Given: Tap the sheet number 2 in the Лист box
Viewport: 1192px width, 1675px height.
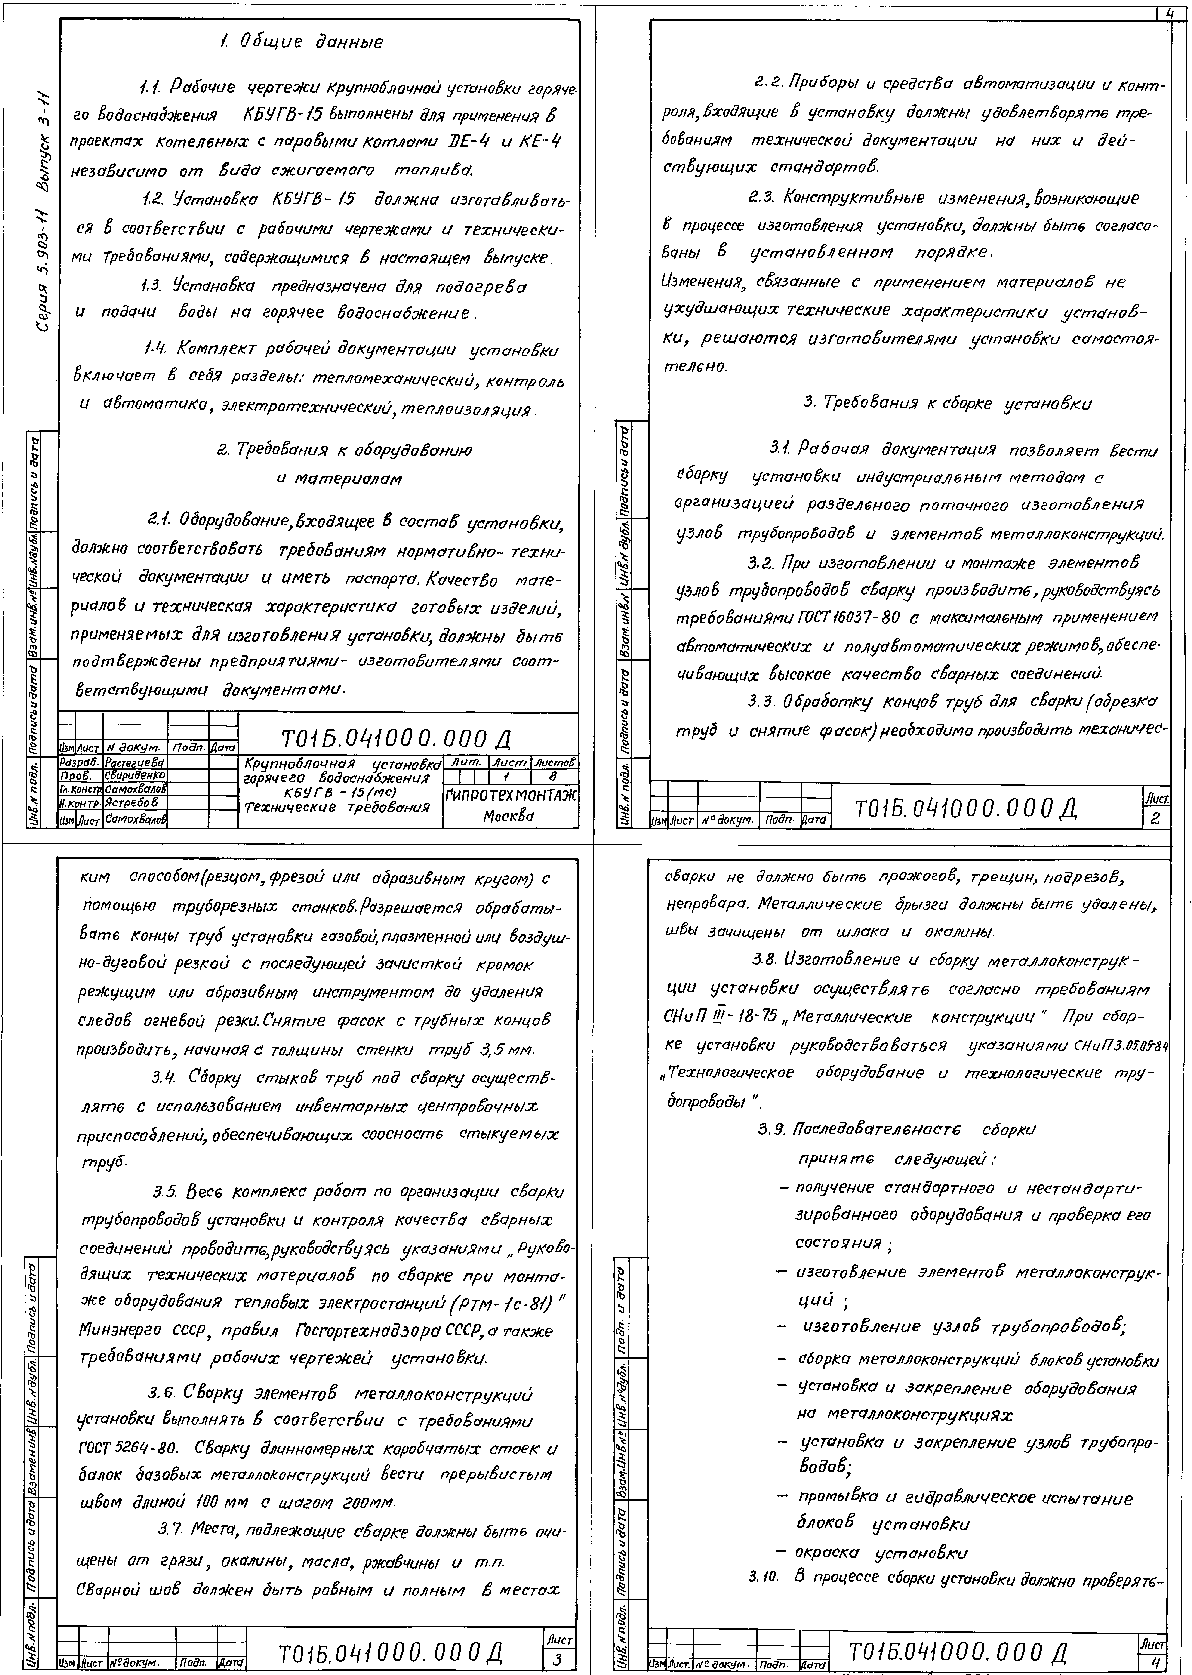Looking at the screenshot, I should pyautogui.click(x=1155, y=820).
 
